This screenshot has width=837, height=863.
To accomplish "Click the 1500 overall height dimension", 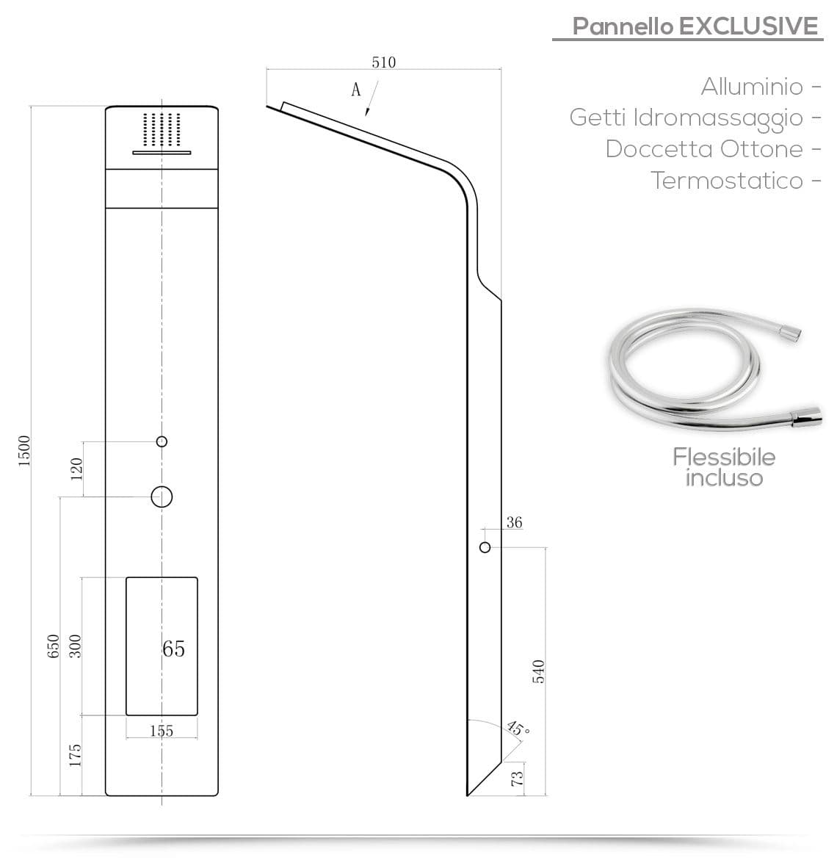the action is pyautogui.click(x=24, y=451).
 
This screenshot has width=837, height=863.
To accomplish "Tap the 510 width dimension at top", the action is pyautogui.click(x=383, y=62).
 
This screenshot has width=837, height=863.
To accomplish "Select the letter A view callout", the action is pyautogui.click(x=356, y=89).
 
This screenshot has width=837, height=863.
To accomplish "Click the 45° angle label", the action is pyautogui.click(x=518, y=729).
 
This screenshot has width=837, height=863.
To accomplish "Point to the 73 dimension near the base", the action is pyautogui.click(x=518, y=779).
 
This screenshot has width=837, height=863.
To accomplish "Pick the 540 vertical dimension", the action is pyautogui.click(x=538, y=671).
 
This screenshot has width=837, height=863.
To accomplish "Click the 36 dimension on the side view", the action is pyautogui.click(x=514, y=522).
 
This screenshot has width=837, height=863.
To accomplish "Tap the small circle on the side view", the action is pyautogui.click(x=485, y=548).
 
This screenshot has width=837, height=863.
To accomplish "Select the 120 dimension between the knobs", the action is pyautogui.click(x=76, y=469).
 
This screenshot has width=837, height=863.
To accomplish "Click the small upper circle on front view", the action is pyautogui.click(x=162, y=441).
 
